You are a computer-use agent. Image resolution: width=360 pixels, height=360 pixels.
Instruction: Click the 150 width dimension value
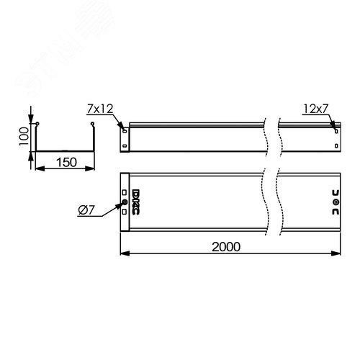click(65, 163)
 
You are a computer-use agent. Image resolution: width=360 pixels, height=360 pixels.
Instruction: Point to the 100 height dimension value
click(23, 135)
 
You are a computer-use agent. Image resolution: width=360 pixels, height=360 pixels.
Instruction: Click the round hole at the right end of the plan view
click(336, 203)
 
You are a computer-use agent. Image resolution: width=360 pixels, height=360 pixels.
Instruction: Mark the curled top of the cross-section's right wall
click(94, 125)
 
